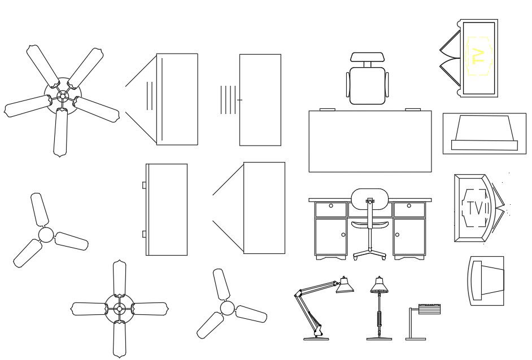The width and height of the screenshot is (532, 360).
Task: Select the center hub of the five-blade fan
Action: tap(63, 96)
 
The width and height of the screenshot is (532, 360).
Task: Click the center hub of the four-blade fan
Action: tap(119, 309)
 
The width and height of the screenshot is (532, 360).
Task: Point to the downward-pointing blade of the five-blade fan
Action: tap(60, 133)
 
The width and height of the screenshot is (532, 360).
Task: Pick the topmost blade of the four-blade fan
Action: tap(119, 278)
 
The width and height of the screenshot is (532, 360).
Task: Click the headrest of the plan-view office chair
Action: tap(368, 57)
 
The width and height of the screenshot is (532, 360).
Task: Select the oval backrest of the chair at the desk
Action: tap(369, 199)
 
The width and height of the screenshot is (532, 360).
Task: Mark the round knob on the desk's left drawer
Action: tap(330, 206)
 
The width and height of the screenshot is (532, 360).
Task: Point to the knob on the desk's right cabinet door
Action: tap(397, 234)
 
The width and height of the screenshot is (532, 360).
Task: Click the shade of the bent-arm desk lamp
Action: tap(345, 286)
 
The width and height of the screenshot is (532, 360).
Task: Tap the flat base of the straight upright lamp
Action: tap(378, 339)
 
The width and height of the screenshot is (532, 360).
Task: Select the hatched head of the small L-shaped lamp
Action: tap(429, 309)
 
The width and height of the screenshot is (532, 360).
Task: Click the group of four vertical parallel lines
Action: tap(228, 100)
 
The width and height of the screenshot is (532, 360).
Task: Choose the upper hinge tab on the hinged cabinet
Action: tap(145, 185)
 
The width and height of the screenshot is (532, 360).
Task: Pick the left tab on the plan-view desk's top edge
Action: tap(328, 109)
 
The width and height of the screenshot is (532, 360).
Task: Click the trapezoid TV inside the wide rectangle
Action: tap(484, 133)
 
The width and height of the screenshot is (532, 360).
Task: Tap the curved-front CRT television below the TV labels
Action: tap(486, 280)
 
